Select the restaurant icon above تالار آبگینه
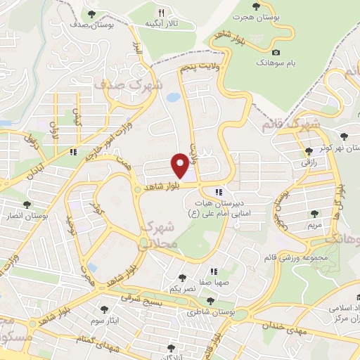click(x=161, y=13)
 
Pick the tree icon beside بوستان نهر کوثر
click(x=344, y=136)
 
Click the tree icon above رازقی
click(x=309, y=151)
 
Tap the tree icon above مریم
click(x=313, y=214)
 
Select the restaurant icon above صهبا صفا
click(x=214, y=271)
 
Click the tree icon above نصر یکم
click(x=183, y=278)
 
